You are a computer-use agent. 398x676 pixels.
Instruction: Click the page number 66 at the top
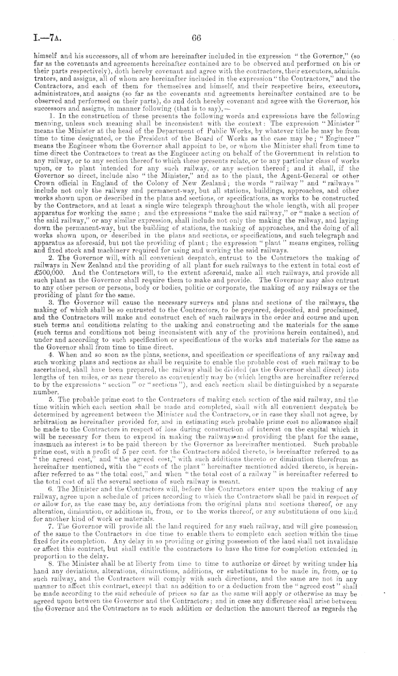point(197,37)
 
